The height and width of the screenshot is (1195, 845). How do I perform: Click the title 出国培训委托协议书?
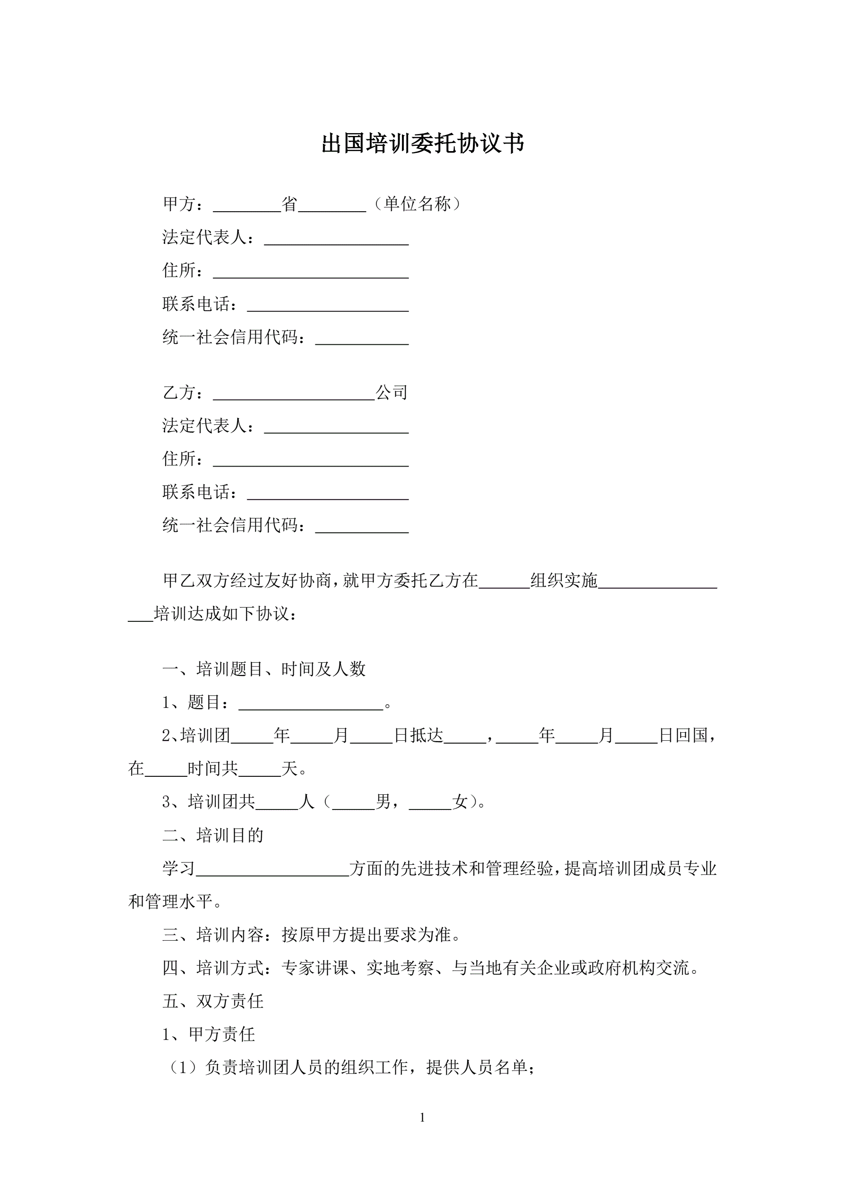pyautogui.click(x=422, y=144)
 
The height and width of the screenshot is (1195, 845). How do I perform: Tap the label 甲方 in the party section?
pyautogui.click(x=179, y=204)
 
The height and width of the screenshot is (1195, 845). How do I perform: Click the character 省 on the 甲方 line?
pyautogui.click(x=289, y=204)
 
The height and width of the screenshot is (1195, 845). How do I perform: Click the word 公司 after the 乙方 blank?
pyautogui.click(x=391, y=393)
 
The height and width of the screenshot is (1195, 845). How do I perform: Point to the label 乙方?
pyautogui.click(x=179, y=393)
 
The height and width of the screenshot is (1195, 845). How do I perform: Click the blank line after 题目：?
pyautogui.click(x=311, y=703)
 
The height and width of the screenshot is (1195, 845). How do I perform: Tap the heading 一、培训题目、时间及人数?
pyautogui.click(x=264, y=669)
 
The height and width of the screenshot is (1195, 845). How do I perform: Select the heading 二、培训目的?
pyautogui.click(x=213, y=836)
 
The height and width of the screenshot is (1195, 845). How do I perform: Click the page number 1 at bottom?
pyautogui.click(x=422, y=1117)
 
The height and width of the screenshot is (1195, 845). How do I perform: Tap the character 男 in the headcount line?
pyautogui.click(x=383, y=802)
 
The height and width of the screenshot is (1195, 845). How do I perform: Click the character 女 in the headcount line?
pyautogui.click(x=461, y=802)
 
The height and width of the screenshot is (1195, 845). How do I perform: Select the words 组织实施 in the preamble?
pyautogui.click(x=563, y=580)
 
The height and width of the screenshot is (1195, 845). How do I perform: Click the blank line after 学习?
pyautogui.click(x=272, y=869)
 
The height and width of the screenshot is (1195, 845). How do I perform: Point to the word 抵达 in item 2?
pyautogui.click(x=427, y=736)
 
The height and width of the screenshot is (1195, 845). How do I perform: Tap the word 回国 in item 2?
pyautogui.click(x=692, y=736)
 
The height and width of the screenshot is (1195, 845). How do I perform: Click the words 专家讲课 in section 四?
pyautogui.click(x=315, y=968)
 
